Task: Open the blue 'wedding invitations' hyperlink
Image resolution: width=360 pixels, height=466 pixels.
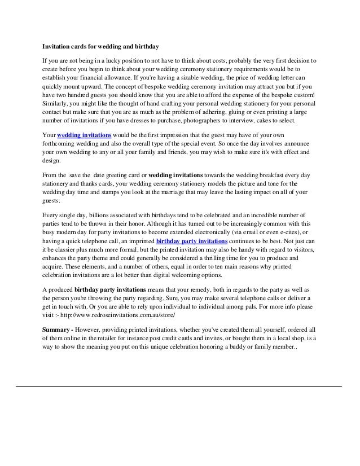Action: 84,137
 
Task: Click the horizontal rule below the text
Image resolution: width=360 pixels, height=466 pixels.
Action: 179,386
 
